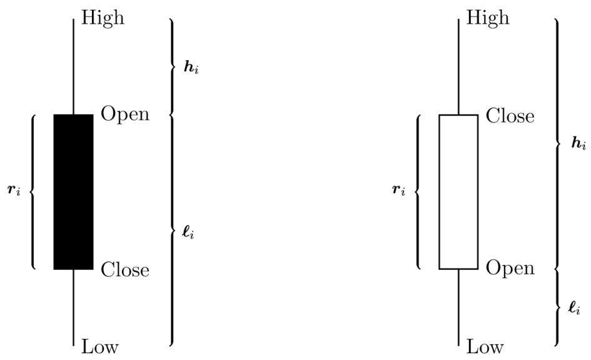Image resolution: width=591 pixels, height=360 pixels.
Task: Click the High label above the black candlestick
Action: [x=103, y=18]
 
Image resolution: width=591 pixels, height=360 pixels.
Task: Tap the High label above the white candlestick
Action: [x=488, y=18]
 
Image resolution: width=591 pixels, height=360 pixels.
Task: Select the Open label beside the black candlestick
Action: [x=125, y=115]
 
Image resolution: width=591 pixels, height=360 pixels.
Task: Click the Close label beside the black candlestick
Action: [x=125, y=270]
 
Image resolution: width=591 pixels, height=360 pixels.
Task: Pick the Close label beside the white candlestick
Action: [x=510, y=116]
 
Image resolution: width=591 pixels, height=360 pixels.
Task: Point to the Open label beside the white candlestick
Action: [x=510, y=269]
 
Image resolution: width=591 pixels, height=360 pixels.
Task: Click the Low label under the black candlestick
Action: [x=99, y=346]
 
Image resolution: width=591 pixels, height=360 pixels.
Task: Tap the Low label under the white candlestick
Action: [x=485, y=346]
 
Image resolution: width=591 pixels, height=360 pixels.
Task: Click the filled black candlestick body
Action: [x=73, y=192]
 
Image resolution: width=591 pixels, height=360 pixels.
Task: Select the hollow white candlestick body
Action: [x=458, y=192]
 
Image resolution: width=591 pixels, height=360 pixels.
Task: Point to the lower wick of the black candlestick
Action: [x=74, y=306]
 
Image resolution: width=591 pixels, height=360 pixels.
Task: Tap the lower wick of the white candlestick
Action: [x=459, y=306]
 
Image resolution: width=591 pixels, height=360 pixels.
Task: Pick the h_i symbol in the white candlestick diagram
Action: [x=578, y=144]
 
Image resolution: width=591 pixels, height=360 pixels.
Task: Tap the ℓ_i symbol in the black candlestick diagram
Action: [x=188, y=235]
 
